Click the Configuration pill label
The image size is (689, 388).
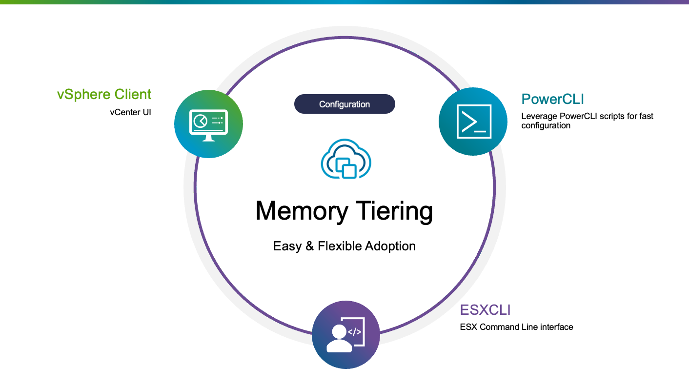(x=344, y=104)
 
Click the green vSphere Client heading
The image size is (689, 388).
(x=104, y=94)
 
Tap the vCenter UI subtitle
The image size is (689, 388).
(x=130, y=112)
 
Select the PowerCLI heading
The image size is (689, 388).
(x=552, y=99)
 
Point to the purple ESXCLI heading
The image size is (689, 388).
(x=485, y=310)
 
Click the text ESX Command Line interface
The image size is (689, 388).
(x=516, y=327)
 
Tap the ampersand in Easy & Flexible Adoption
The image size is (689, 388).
(x=309, y=246)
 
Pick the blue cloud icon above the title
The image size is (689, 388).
(x=345, y=158)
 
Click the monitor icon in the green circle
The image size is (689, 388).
(x=208, y=124)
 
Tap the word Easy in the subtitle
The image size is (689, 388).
(x=287, y=246)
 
